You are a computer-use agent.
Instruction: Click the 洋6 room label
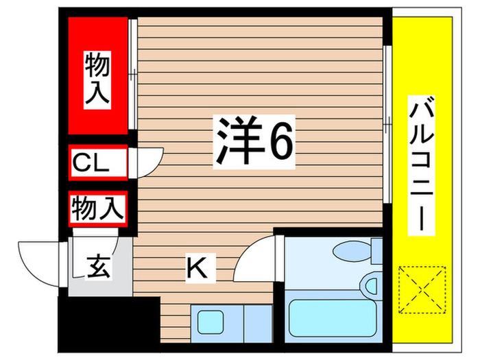click(x=255, y=141)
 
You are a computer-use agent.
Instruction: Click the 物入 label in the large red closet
click(x=97, y=80)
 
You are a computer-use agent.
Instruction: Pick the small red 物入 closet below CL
click(x=98, y=208)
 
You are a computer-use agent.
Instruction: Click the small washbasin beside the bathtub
click(x=372, y=283)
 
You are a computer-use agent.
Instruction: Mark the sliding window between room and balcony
click(x=388, y=123)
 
